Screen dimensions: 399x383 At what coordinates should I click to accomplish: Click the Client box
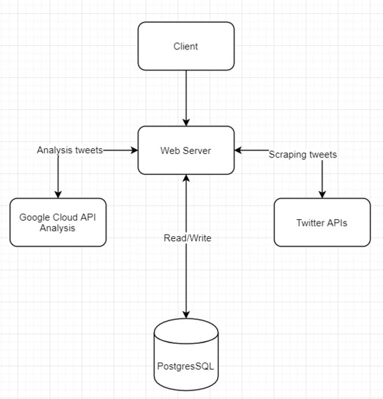tap(185, 47)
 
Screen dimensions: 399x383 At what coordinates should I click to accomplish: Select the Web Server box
tap(185, 150)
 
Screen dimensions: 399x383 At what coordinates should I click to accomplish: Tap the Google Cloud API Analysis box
tap(58, 222)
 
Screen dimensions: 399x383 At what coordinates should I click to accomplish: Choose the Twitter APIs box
tap(322, 222)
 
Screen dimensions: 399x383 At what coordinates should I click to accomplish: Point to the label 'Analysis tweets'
tap(69, 150)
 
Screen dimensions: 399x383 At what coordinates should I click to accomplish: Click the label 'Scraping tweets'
tap(303, 155)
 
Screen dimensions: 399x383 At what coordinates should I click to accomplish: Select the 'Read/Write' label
tap(187, 238)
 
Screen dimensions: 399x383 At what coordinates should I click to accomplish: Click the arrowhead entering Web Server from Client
tap(186, 122)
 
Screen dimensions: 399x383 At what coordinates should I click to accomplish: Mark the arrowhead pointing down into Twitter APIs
tap(322, 194)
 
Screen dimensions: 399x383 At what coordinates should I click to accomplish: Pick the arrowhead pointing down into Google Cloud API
tap(58, 194)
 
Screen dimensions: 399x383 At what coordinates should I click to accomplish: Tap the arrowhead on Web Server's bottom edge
tap(186, 179)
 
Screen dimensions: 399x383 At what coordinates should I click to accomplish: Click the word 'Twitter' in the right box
tap(311, 222)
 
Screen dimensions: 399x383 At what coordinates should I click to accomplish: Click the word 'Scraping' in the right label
tap(287, 155)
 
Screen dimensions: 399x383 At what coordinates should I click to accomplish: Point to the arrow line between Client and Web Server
tap(186, 94)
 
